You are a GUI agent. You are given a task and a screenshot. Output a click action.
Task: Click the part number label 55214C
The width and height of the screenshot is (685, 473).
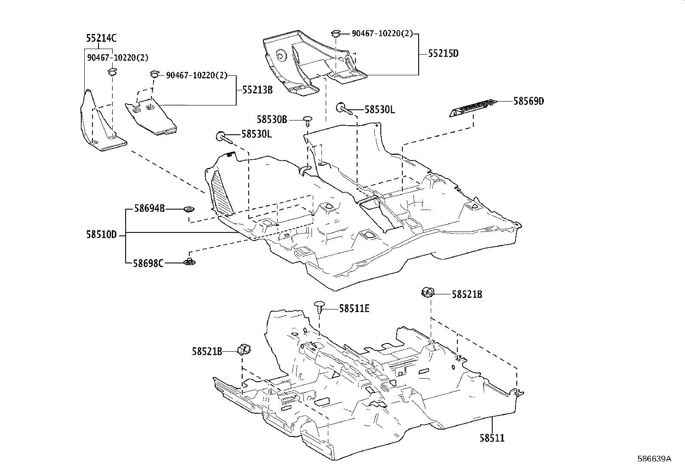coord(101,38)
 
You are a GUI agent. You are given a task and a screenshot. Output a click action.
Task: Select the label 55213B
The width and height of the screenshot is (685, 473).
coord(257,90)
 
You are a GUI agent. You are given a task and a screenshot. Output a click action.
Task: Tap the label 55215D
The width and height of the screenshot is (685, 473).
coord(443,54)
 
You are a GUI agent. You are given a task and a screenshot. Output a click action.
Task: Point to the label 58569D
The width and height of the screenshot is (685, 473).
coord(528,101)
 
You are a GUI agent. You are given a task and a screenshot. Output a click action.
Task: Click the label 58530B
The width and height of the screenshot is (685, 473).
coord(272,119)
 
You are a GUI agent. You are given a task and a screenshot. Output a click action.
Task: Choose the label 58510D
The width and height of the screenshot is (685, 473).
coord(101,235)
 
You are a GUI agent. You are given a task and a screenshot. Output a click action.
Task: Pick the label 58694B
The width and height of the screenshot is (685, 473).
coord(149,209)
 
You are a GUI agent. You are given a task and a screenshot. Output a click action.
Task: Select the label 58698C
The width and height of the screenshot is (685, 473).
coord(149,263)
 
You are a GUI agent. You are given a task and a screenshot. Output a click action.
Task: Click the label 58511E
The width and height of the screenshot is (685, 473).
coord(354,308)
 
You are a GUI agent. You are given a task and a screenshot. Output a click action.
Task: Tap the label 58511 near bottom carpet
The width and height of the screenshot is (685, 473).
coord(492,438)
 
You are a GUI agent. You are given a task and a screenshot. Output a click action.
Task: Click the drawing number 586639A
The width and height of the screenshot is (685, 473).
coord(654,458)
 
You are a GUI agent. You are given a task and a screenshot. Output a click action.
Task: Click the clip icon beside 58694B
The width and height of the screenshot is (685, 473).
coord(188,209)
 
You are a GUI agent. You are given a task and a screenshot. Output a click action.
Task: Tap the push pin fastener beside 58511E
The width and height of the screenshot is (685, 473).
coord(319,307)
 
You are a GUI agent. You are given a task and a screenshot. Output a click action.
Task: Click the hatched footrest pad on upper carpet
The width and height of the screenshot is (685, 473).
coord(222,192)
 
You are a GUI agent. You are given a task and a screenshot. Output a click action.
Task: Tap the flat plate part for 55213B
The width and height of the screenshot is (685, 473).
coord(151,117)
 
